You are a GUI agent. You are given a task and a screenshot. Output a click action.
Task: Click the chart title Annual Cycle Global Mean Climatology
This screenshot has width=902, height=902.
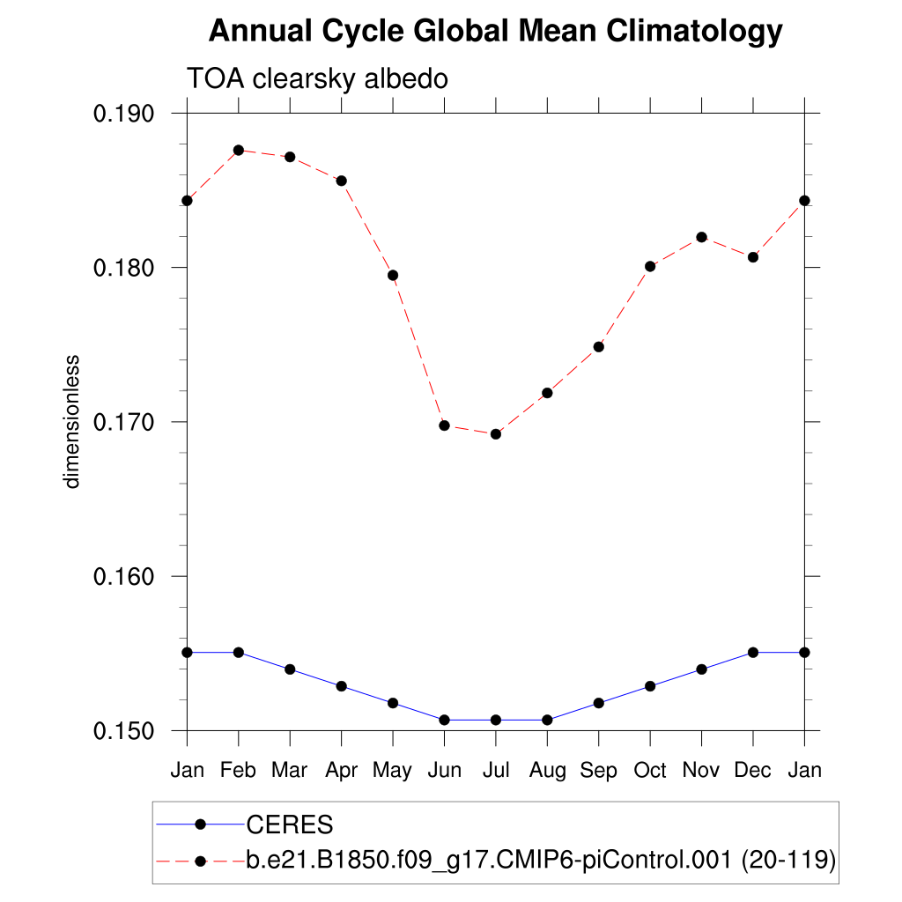pos(495,32)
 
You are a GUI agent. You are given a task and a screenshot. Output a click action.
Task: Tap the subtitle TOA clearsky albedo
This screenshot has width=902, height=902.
pos(317,79)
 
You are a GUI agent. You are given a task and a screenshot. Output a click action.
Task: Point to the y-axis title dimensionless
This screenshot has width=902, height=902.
pos(72,422)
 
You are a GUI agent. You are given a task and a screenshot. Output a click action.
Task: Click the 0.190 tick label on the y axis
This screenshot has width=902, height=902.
pos(129,114)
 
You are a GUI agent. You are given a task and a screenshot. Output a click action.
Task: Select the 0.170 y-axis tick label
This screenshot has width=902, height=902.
pos(129,422)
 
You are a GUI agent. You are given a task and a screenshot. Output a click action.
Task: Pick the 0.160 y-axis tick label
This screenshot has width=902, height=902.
pos(129,577)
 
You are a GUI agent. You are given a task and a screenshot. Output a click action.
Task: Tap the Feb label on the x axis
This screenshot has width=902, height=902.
pos(238,771)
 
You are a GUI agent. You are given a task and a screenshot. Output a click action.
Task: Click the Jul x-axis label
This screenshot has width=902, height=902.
pos(496,771)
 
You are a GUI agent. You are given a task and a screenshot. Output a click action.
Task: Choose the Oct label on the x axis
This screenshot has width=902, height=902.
pos(650,771)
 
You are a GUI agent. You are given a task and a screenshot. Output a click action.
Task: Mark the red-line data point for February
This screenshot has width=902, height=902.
pos(238,151)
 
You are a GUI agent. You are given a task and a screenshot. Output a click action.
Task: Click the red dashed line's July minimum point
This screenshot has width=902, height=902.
pos(496,434)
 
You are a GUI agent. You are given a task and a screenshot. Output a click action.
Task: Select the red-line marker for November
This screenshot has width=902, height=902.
pos(701,237)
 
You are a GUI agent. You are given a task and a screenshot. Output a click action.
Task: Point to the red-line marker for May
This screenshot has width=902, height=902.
pos(393,276)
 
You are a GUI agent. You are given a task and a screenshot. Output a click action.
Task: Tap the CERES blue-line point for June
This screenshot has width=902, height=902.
pos(444,721)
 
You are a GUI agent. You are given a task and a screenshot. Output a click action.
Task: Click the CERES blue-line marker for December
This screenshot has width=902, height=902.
pos(753,653)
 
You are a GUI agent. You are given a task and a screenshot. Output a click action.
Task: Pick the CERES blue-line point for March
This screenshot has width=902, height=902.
pos(290,669)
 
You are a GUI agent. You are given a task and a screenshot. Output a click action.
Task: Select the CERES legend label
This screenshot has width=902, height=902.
pos(290,825)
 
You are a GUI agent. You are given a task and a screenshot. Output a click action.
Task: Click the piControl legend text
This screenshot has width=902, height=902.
pos(541,861)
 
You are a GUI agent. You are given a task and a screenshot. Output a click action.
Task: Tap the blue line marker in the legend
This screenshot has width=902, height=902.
pos(200,824)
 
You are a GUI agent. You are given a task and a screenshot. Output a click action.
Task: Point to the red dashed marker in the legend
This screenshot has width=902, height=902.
pos(200,861)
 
